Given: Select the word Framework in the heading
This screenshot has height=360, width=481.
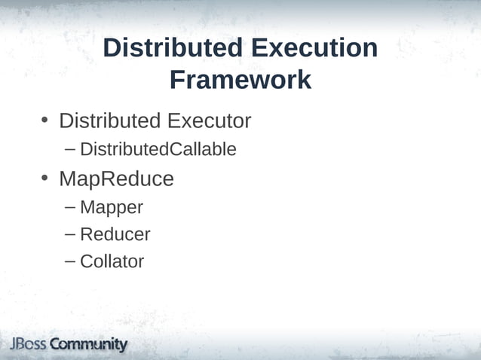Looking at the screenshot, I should [x=240, y=80].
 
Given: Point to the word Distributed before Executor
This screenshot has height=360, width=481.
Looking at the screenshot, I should [x=110, y=121].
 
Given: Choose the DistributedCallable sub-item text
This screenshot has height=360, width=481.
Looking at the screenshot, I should [x=158, y=150].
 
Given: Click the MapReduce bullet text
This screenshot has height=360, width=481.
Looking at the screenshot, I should [x=116, y=179].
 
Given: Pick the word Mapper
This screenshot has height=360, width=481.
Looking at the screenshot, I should [x=112, y=207].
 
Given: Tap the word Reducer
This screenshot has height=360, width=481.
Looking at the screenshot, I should [x=115, y=234].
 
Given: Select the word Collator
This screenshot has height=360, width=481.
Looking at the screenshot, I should [x=112, y=261].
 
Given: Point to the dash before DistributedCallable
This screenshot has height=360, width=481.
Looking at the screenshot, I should [x=70, y=148].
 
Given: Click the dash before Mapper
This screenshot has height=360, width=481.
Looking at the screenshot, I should [x=70, y=206].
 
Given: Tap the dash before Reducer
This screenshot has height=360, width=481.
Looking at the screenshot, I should [x=70, y=233].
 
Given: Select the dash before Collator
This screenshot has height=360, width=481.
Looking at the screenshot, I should [x=70, y=261].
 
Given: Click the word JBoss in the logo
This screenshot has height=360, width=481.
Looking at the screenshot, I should [x=28, y=345].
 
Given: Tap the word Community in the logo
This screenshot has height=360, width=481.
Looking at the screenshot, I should [x=89, y=345].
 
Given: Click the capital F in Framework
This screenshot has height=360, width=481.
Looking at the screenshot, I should [x=177, y=80].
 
